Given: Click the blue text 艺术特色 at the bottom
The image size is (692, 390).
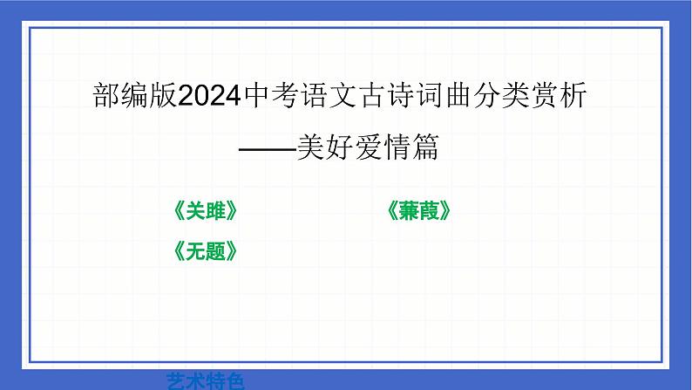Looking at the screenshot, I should pos(206,380).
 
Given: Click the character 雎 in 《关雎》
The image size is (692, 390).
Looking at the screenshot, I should pos(215,212).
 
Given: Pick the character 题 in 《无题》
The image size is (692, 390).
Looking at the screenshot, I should pos(215,251).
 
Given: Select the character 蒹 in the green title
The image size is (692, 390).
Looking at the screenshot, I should pos(409,212).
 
